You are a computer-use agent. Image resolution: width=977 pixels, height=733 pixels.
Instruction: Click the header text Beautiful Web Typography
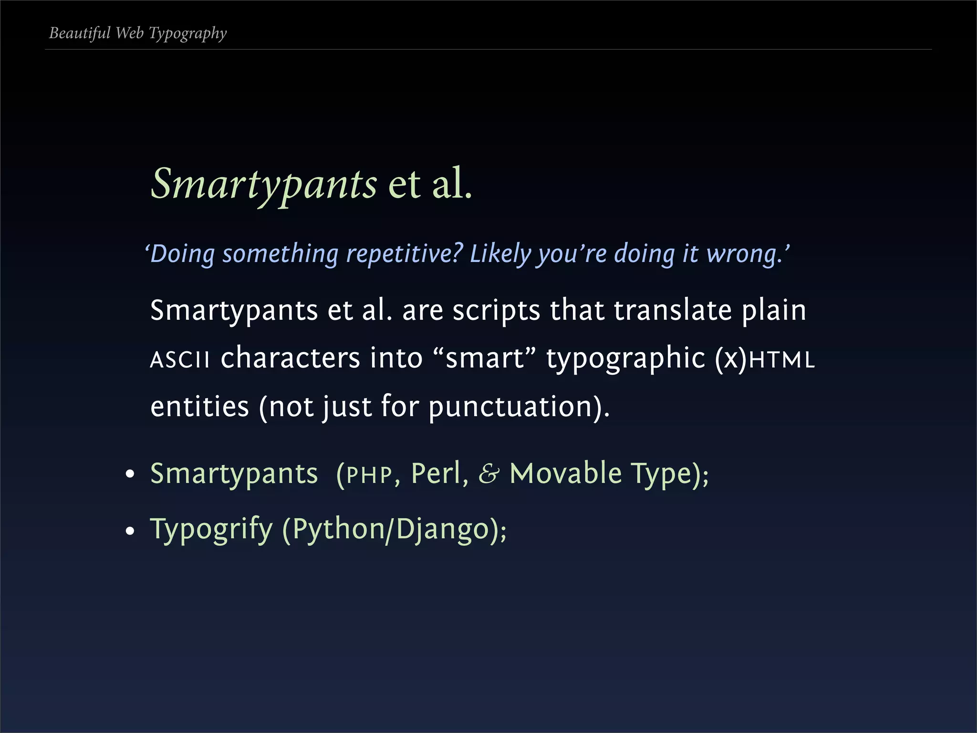point(138,33)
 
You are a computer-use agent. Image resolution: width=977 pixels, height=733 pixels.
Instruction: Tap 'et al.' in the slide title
point(430,184)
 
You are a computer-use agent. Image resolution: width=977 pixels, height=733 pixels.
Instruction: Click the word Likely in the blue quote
point(500,253)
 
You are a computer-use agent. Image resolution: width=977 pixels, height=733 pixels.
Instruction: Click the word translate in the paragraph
point(673,310)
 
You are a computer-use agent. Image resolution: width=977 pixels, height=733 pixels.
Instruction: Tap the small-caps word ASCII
point(180,359)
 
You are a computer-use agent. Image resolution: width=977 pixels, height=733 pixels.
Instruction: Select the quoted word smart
point(485,358)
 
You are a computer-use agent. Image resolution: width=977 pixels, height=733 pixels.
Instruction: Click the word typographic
point(625,359)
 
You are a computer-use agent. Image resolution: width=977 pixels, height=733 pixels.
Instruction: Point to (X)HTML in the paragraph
point(765,358)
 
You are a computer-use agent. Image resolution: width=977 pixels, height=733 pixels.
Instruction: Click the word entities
point(199,407)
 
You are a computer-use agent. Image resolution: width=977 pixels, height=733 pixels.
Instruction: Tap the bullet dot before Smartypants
point(130,475)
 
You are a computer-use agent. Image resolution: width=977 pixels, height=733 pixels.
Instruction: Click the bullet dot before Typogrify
point(130,531)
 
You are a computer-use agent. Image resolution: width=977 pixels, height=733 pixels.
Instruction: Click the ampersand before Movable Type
point(489,474)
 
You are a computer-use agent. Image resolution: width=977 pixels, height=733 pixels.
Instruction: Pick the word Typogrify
point(211,530)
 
